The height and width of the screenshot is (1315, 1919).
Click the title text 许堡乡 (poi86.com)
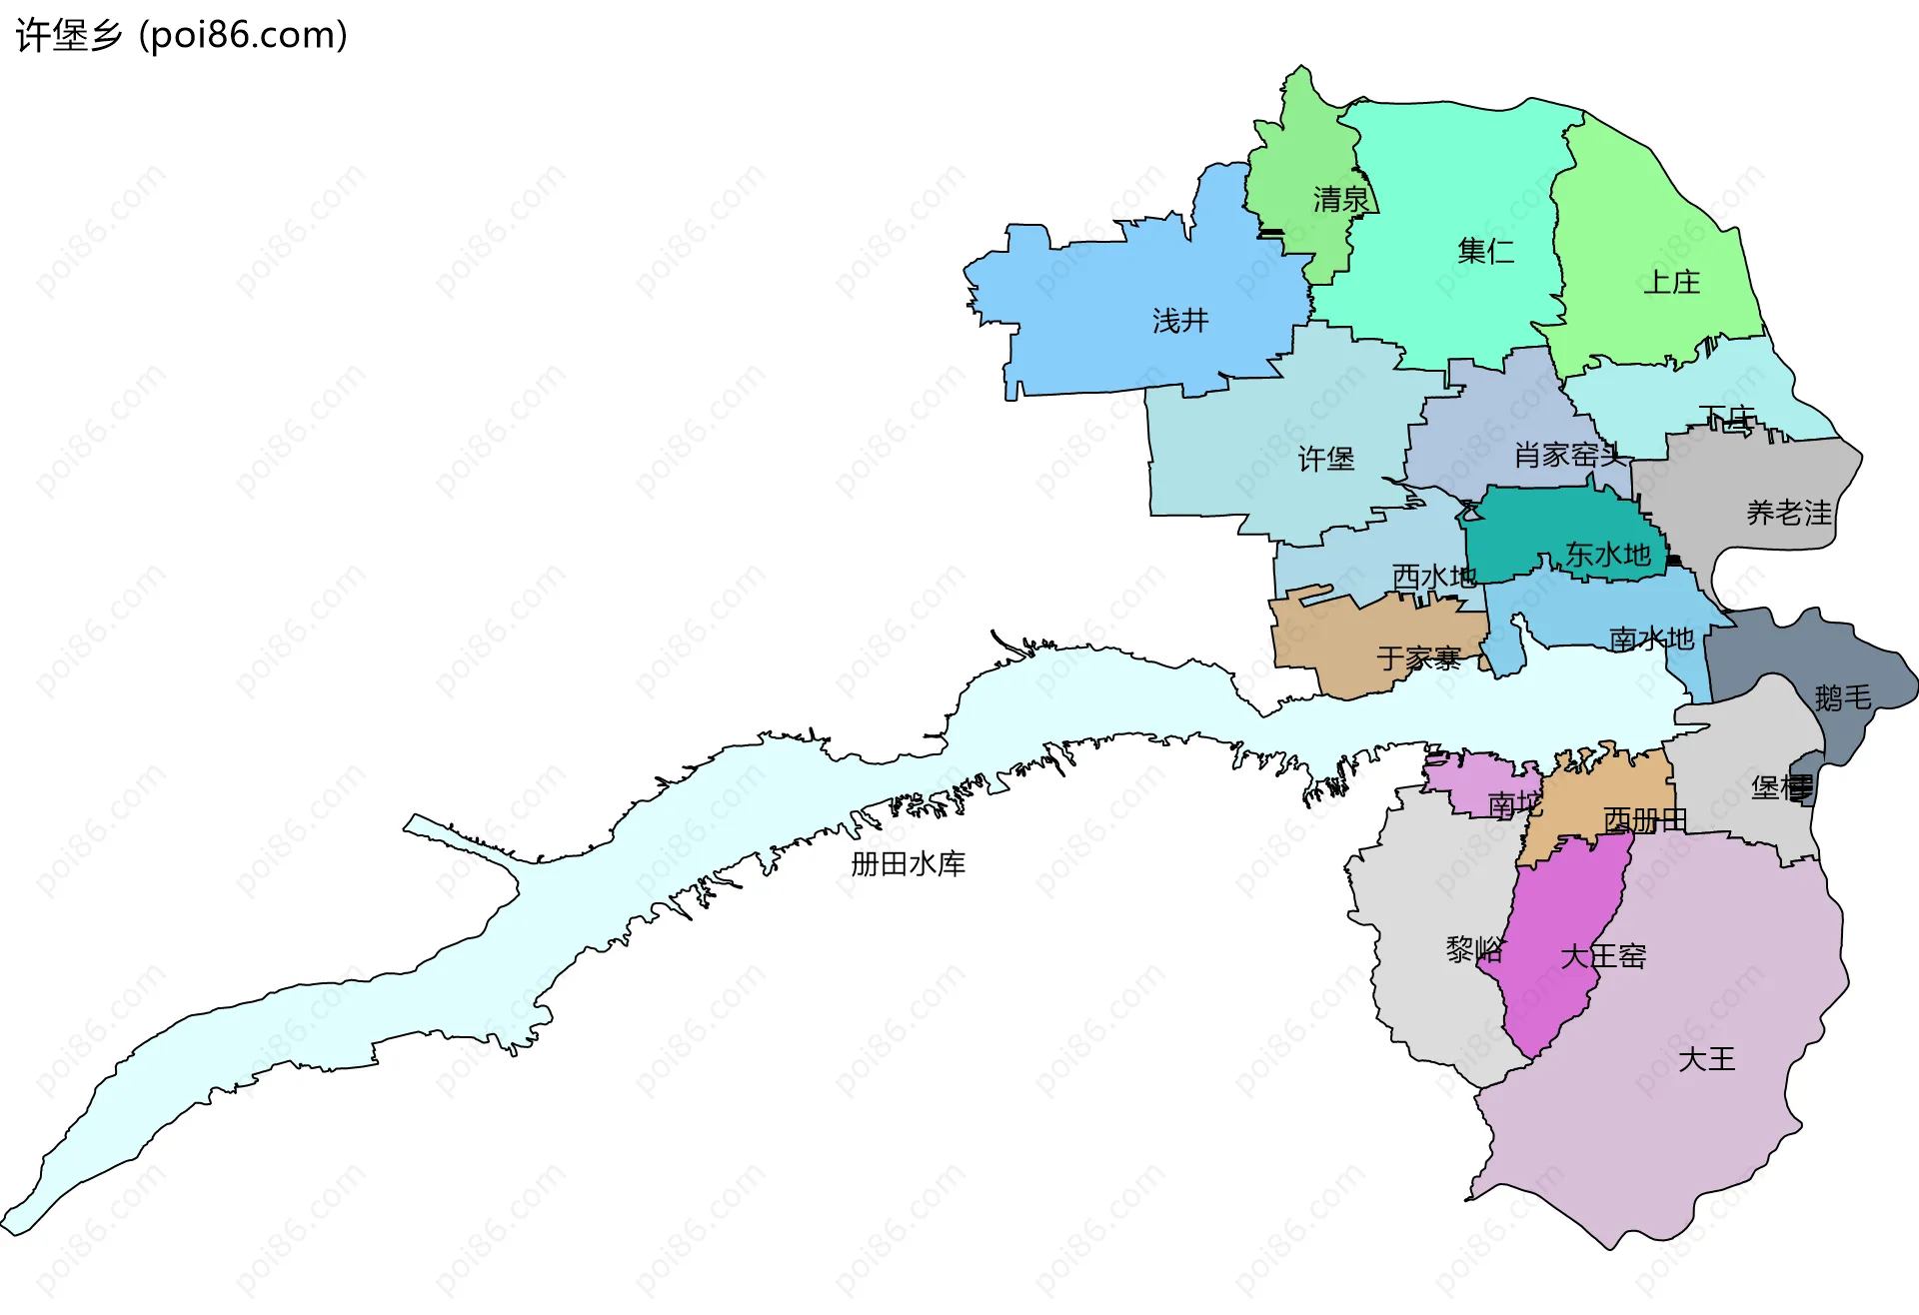click(182, 35)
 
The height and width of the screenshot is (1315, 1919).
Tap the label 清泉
click(1340, 200)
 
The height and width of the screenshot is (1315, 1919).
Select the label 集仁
click(1485, 251)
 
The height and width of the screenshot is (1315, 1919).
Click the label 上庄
click(1672, 283)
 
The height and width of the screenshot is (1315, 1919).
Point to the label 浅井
click(1180, 321)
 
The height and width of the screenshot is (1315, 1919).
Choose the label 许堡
click(1326, 459)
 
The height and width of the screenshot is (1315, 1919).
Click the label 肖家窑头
click(1569, 456)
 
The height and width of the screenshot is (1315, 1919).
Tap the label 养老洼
click(1789, 514)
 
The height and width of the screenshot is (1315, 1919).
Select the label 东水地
click(1607, 555)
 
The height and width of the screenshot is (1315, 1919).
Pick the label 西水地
click(1434, 577)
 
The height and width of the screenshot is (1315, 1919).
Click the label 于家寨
click(1419, 658)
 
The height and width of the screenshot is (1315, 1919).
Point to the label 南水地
click(1651, 639)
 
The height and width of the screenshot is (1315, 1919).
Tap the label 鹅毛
click(1843, 697)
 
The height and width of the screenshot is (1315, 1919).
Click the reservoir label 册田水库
click(908, 863)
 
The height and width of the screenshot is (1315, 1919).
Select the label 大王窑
click(1603, 956)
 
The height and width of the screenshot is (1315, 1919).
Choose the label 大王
click(1707, 1059)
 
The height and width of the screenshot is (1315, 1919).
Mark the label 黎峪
click(1474, 949)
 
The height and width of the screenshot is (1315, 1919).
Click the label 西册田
click(1645, 820)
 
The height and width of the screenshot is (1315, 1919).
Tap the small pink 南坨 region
click(1474, 784)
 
